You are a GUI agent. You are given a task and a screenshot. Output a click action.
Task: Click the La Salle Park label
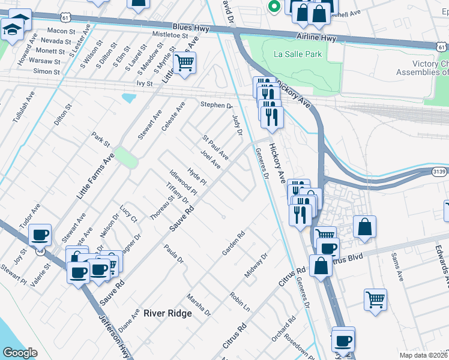point(298,54)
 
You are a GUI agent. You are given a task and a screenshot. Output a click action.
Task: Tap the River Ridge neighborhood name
point(167,313)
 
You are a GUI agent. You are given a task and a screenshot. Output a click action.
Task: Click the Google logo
point(20,353)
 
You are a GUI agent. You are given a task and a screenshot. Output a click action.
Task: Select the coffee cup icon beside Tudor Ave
point(40,235)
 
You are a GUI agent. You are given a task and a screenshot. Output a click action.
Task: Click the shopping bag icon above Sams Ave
point(364,227)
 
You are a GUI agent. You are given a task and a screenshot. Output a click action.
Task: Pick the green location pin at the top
point(273,6)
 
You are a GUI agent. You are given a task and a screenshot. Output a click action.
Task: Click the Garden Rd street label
point(234,244)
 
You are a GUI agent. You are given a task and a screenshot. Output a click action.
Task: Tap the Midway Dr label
point(255,266)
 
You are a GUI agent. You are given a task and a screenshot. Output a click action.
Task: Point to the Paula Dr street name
point(173,254)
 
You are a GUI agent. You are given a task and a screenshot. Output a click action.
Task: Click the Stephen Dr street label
point(216,104)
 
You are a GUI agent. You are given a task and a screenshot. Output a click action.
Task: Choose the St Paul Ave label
point(215,147)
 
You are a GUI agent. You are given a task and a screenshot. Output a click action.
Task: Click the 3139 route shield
point(439,171)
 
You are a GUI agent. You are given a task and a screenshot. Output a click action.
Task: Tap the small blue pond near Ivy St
point(129,98)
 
